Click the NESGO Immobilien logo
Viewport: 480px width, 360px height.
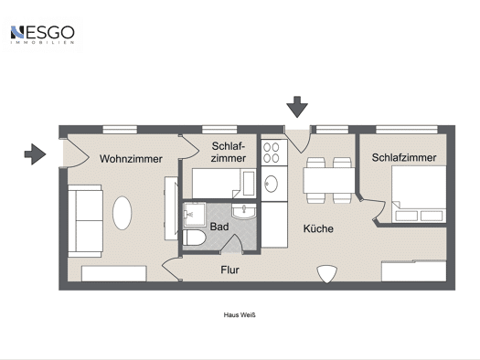[x=42, y=35]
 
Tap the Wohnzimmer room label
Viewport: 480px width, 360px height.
[x=131, y=159]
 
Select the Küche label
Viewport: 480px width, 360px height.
[x=318, y=228]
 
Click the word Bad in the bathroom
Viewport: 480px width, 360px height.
[x=219, y=227]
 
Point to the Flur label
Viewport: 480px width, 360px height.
[x=229, y=270]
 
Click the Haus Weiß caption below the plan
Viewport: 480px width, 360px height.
[x=240, y=314]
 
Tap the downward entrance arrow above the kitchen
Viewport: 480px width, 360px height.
[x=297, y=107]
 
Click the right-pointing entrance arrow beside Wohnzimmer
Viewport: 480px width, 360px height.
[x=36, y=154]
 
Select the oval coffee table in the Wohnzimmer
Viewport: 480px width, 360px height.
[x=123, y=213]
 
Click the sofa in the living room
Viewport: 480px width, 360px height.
[x=85, y=221]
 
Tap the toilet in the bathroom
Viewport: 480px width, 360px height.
[x=194, y=238]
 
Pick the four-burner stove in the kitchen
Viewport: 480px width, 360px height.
[x=274, y=153]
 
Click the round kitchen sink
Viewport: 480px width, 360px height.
[x=271, y=184]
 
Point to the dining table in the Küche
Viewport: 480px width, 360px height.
[x=329, y=180]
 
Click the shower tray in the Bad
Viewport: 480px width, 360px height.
[x=195, y=214]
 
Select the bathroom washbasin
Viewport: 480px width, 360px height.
[x=244, y=212]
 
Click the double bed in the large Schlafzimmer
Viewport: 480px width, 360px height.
[x=419, y=195]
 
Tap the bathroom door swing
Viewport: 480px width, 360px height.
[x=231, y=243]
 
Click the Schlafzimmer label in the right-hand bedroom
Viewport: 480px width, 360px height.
[x=404, y=157]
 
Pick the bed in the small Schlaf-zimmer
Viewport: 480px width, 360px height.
[x=224, y=184]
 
